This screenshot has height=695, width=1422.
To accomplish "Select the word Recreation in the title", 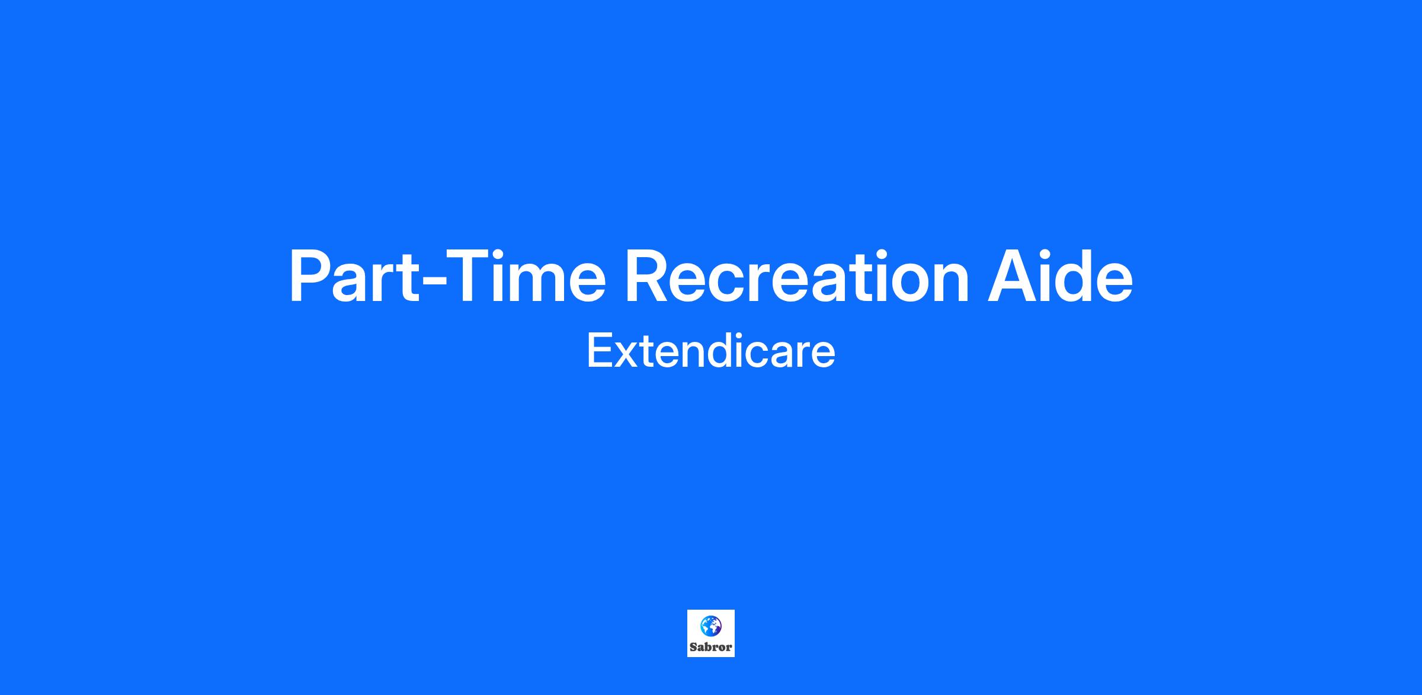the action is click(797, 277).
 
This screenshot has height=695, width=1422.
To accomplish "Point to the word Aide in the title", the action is click(1059, 276).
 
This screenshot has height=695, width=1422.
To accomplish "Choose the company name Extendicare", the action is click(710, 351).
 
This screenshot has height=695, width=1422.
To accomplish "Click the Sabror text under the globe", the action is click(710, 647).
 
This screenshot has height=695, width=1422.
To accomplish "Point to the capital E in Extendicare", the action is click(600, 351).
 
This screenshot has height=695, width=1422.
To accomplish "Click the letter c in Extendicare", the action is click(753, 355).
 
